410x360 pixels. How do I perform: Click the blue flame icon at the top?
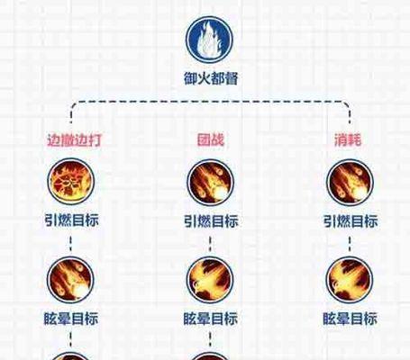[209, 40]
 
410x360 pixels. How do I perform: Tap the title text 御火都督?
[211, 78]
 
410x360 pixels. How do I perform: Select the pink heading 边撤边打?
[74, 140]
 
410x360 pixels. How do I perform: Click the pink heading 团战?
[211, 139]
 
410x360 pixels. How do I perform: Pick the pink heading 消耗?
[349, 139]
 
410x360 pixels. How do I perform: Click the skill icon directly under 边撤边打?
[71, 182]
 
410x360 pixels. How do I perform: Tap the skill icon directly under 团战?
[210, 183]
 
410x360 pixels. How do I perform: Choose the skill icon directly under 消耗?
[350, 183]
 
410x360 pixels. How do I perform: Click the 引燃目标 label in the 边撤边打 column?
[71, 220]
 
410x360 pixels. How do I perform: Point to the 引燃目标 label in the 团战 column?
[211, 221]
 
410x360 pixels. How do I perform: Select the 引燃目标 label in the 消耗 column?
[351, 221]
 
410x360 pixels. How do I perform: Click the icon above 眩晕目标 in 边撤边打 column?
[70, 280]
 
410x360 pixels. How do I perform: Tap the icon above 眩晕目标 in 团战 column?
[210, 280]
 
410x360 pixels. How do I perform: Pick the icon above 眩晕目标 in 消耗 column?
[350, 280]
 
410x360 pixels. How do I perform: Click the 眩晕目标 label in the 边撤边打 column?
[71, 319]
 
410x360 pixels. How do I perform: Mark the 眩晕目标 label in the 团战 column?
[211, 319]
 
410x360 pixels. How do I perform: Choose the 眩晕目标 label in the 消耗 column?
[350, 319]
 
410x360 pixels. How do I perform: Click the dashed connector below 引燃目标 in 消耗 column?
[350, 244]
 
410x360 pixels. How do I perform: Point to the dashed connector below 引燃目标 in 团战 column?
[210, 244]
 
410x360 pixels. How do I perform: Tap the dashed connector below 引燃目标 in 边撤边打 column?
[71, 244]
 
